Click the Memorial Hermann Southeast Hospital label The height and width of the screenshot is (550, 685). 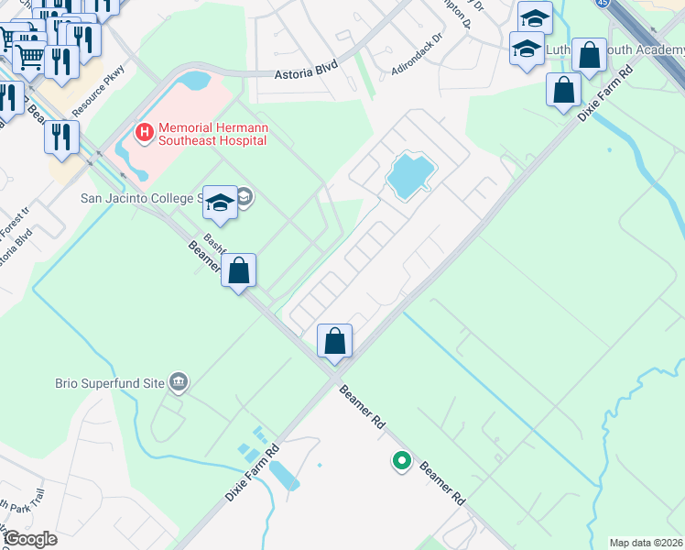tap(212, 135)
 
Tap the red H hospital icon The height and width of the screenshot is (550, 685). tap(143, 134)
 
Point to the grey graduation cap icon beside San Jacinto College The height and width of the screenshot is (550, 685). tap(245, 196)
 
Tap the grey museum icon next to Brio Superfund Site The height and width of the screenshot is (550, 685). tap(179, 380)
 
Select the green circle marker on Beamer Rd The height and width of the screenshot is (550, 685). tap(400, 461)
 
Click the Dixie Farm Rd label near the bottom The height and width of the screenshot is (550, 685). tap(251, 474)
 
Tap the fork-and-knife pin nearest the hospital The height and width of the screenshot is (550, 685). tap(61, 137)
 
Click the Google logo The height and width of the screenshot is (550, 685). tap(29, 539)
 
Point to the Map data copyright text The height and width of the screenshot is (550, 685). tap(647, 543)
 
